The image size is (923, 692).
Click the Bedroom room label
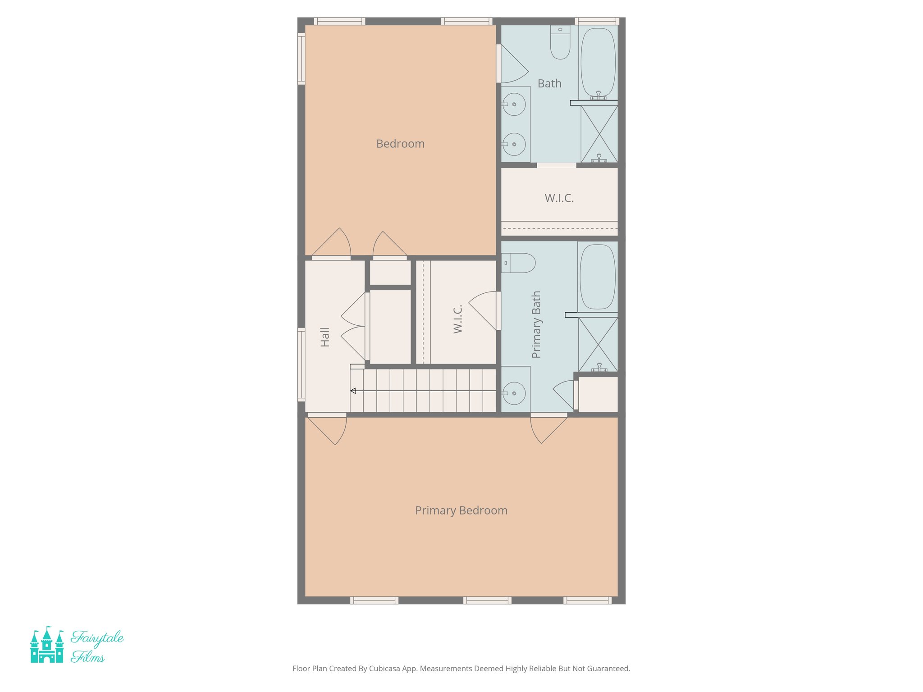coord(400,144)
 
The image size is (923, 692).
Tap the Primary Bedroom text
coord(461,510)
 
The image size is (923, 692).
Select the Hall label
coord(325,337)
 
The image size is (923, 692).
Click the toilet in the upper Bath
coord(560,43)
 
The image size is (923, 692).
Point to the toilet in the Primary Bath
coord(519,263)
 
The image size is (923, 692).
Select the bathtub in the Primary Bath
coord(597,277)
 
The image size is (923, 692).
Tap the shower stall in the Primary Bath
coord(598,344)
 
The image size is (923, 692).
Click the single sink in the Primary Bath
coord(514,393)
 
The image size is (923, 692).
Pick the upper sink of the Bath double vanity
coord(514,104)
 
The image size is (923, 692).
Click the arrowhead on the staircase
coord(353,391)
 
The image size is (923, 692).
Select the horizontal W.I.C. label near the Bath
coord(559,198)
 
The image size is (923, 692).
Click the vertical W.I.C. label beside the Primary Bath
coord(458,319)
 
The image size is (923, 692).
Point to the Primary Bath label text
coord(536,324)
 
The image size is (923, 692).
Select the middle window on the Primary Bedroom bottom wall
coord(487,600)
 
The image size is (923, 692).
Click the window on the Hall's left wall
coord(301,364)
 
